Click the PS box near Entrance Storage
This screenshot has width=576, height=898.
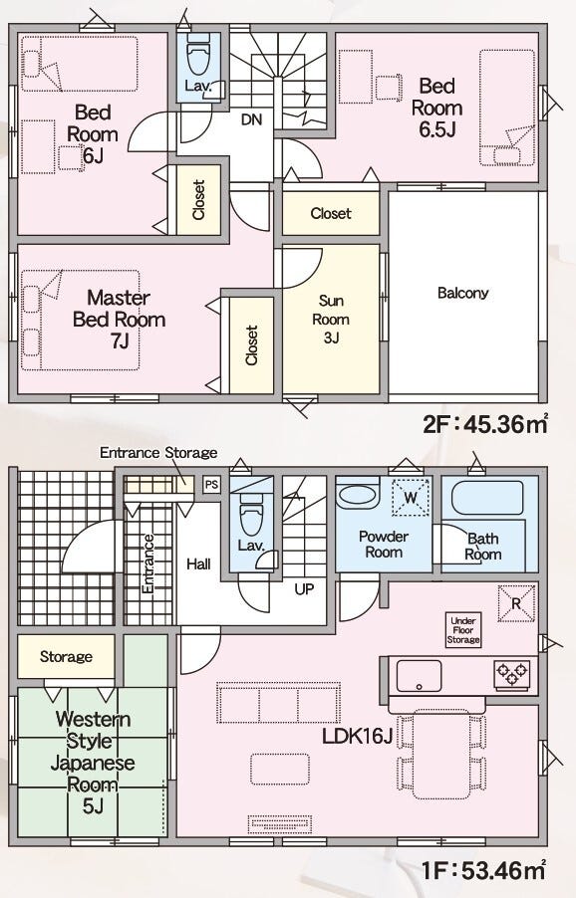[211, 485]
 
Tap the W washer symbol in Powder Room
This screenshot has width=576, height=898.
[411, 497]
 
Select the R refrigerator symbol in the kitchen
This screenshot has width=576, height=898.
[516, 603]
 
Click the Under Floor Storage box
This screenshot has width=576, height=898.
[463, 630]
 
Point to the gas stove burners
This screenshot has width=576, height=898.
[512, 674]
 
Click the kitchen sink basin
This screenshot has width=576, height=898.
[419, 676]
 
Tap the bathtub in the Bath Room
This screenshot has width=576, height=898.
[487, 498]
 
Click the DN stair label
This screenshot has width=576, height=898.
[251, 119]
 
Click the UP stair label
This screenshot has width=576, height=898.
[304, 588]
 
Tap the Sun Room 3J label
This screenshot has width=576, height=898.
[331, 319]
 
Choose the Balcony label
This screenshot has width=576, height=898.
[463, 293]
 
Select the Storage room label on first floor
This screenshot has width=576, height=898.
[66, 656]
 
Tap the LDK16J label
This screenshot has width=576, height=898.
[357, 736]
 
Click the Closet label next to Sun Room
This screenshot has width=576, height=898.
[331, 214]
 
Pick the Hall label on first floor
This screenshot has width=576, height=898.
[198, 564]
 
